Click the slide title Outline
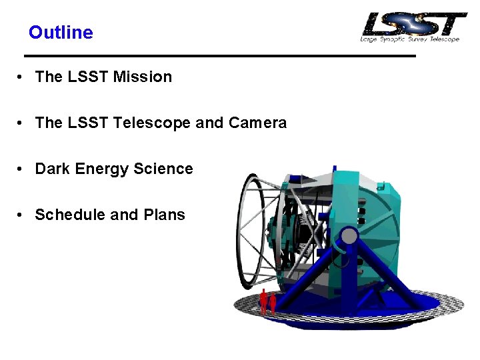click(61, 32)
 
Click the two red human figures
click(268, 301)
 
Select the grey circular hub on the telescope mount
click(349, 235)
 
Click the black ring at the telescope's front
click(249, 227)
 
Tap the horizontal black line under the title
click(220, 55)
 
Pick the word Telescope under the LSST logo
click(444, 39)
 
